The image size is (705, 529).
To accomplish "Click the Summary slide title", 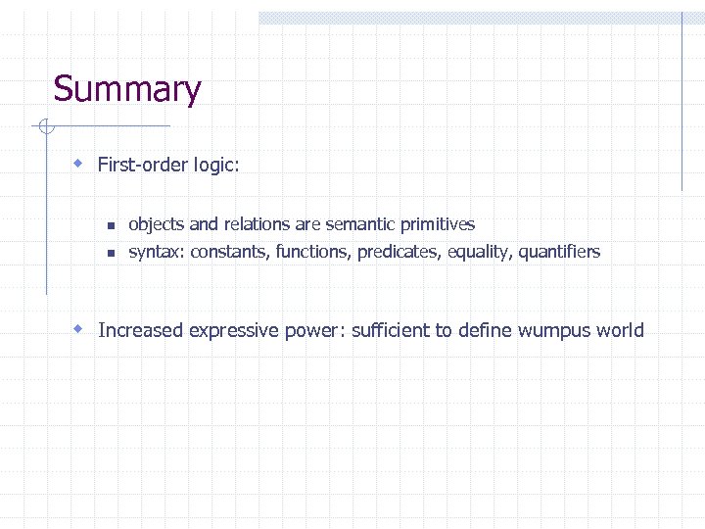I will point(127,89).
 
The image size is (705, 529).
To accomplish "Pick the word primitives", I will point(435,224).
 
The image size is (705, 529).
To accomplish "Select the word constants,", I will point(230,252).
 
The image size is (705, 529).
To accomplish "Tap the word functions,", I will point(313,252).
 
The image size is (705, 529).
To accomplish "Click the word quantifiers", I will point(559,252).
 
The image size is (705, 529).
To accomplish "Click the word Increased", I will point(141,330).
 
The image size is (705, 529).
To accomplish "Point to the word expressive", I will point(233,330).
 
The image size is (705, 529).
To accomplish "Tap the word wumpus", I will point(555,330).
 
